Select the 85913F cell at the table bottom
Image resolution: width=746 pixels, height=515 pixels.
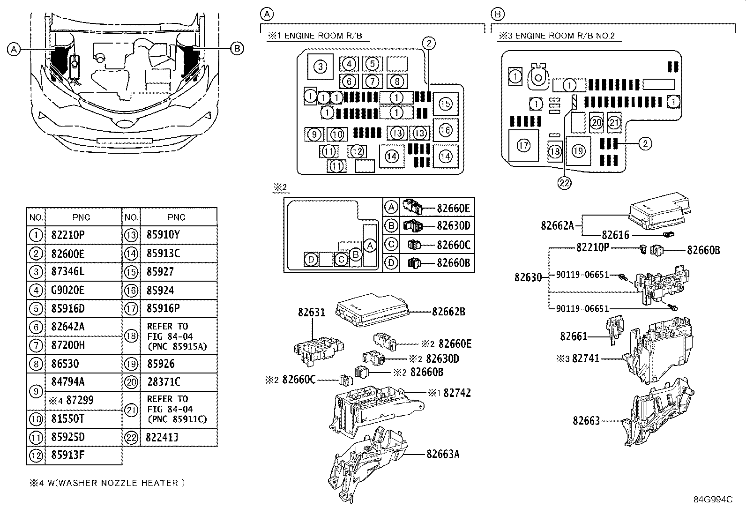click(x=68, y=455)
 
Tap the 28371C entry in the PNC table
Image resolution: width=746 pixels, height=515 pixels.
click(x=163, y=382)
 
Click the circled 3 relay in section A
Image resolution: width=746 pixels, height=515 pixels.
click(x=320, y=67)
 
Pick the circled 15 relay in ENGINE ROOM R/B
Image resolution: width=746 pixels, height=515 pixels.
click(x=445, y=104)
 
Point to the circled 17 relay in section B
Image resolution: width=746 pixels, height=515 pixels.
click(x=523, y=145)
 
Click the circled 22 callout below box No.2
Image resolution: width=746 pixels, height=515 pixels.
click(x=565, y=183)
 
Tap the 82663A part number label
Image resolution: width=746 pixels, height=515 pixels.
click(x=443, y=454)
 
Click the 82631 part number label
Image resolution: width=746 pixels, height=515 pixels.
click(x=312, y=312)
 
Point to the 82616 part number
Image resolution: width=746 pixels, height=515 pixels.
click(x=615, y=235)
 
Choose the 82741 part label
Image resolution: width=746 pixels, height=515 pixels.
click(x=585, y=359)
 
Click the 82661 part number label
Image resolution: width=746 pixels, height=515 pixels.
click(x=574, y=336)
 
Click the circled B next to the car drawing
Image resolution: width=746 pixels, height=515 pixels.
click(x=237, y=48)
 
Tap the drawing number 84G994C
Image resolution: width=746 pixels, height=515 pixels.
click(x=713, y=500)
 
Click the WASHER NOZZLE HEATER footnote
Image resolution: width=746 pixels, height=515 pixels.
click(x=107, y=483)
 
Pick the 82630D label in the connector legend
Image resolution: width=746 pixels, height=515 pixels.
click(x=453, y=226)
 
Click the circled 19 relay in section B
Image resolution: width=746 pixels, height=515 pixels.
click(x=578, y=151)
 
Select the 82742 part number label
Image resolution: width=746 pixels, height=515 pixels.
click(x=457, y=393)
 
